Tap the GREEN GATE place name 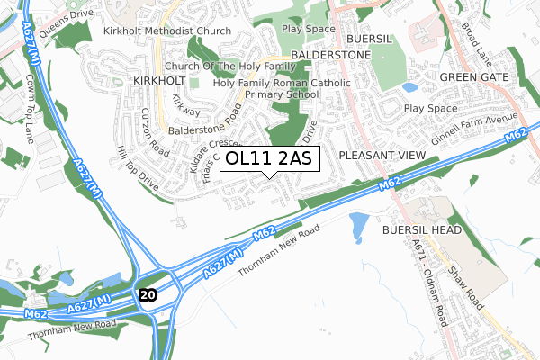475,78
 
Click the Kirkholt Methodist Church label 166,31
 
